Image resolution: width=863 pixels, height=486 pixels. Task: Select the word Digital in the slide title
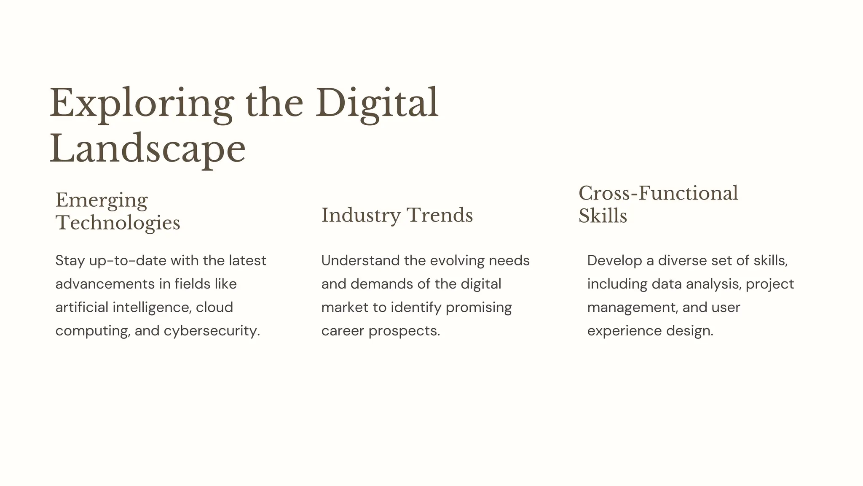377,104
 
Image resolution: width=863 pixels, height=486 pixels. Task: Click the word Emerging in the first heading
102,200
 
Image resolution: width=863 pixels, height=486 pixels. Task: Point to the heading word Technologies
118,223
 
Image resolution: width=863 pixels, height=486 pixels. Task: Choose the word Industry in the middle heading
361,216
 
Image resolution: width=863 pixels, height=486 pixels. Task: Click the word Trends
440,215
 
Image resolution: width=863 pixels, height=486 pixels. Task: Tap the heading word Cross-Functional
658,193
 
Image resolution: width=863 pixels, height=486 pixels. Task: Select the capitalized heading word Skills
603,216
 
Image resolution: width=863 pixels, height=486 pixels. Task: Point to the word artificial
82,307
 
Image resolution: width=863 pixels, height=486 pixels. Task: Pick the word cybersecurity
212,331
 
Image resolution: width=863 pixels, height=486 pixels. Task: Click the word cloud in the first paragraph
214,307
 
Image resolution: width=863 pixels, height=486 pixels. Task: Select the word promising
479,308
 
